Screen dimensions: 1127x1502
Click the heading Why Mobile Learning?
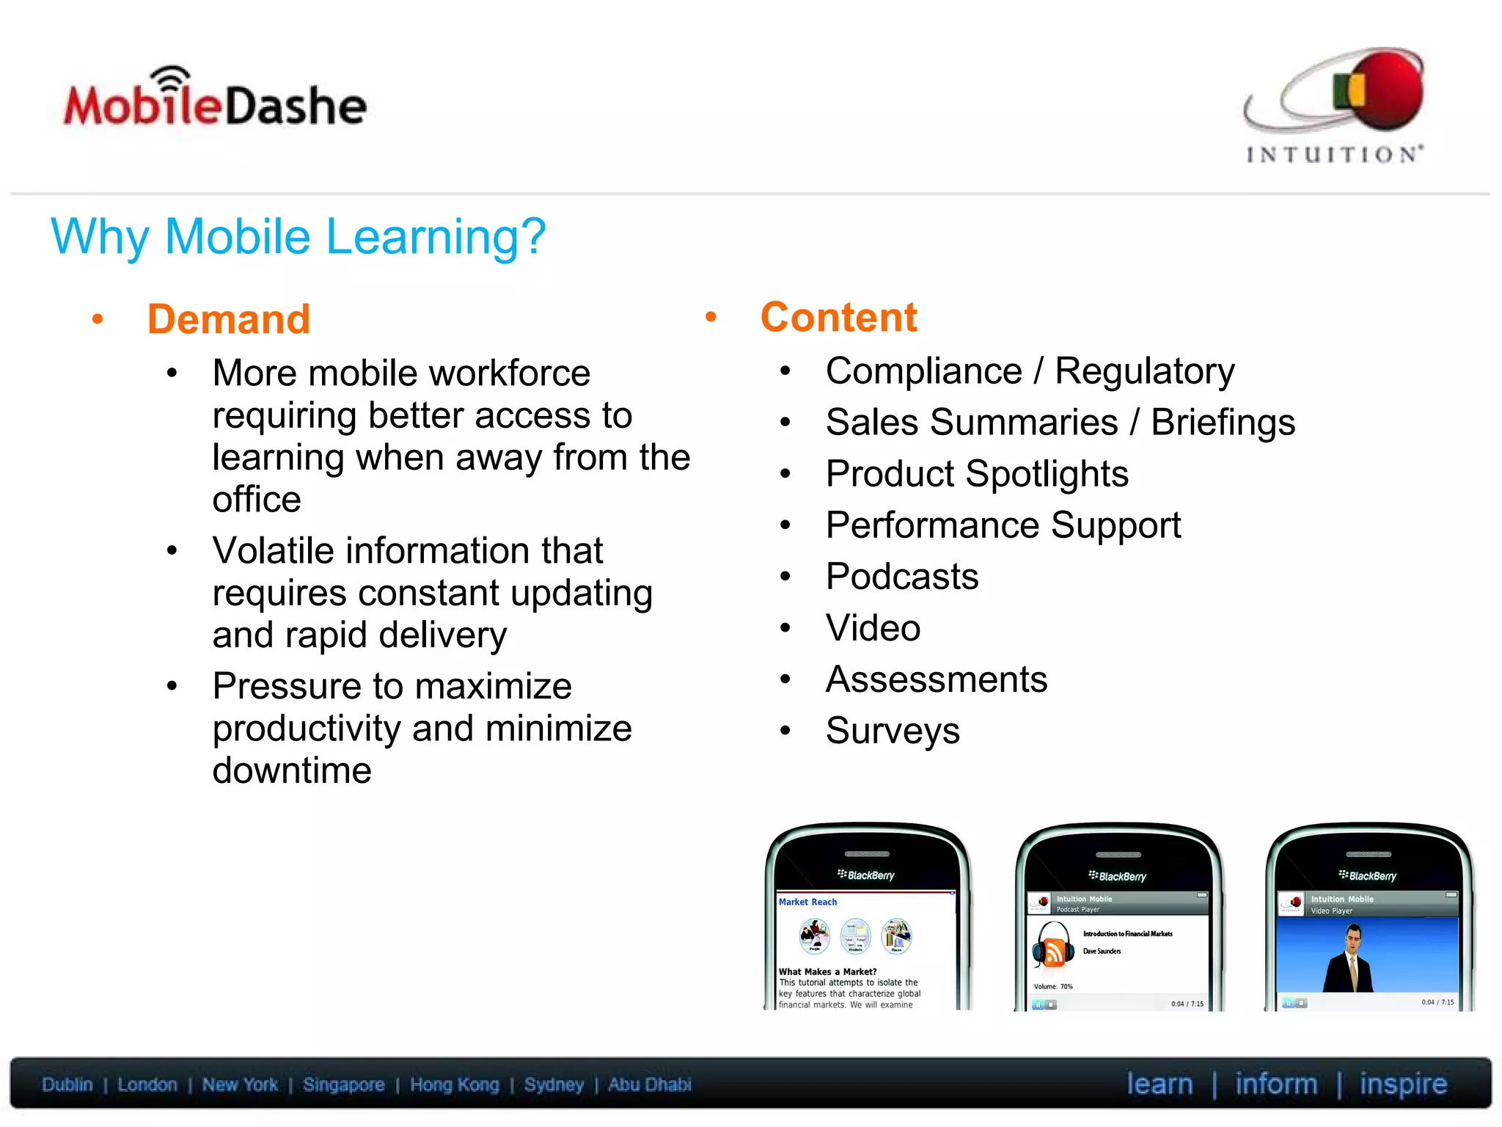(x=298, y=237)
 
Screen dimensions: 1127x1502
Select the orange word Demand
(x=229, y=320)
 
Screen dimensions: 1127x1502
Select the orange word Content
(x=838, y=318)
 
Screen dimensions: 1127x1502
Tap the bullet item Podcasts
(x=901, y=577)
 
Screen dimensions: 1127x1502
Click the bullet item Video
(x=873, y=628)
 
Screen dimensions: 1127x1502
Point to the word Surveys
(x=893, y=731)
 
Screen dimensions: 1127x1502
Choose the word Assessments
(x=937, y=679)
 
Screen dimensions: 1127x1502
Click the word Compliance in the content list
(x=923, y=371)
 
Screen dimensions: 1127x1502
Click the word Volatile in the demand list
(x=272, y=551)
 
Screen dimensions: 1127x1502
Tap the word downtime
(x=292, y=771)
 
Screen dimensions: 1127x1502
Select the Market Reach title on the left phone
(x=807, y=902)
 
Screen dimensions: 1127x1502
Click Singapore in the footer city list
(x=343, y=1084)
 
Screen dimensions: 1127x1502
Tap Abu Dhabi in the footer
(x=649, y=1084)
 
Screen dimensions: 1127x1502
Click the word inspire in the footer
(x=1402, y=1084)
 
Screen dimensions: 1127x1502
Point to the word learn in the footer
(x=1160, y=1084)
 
